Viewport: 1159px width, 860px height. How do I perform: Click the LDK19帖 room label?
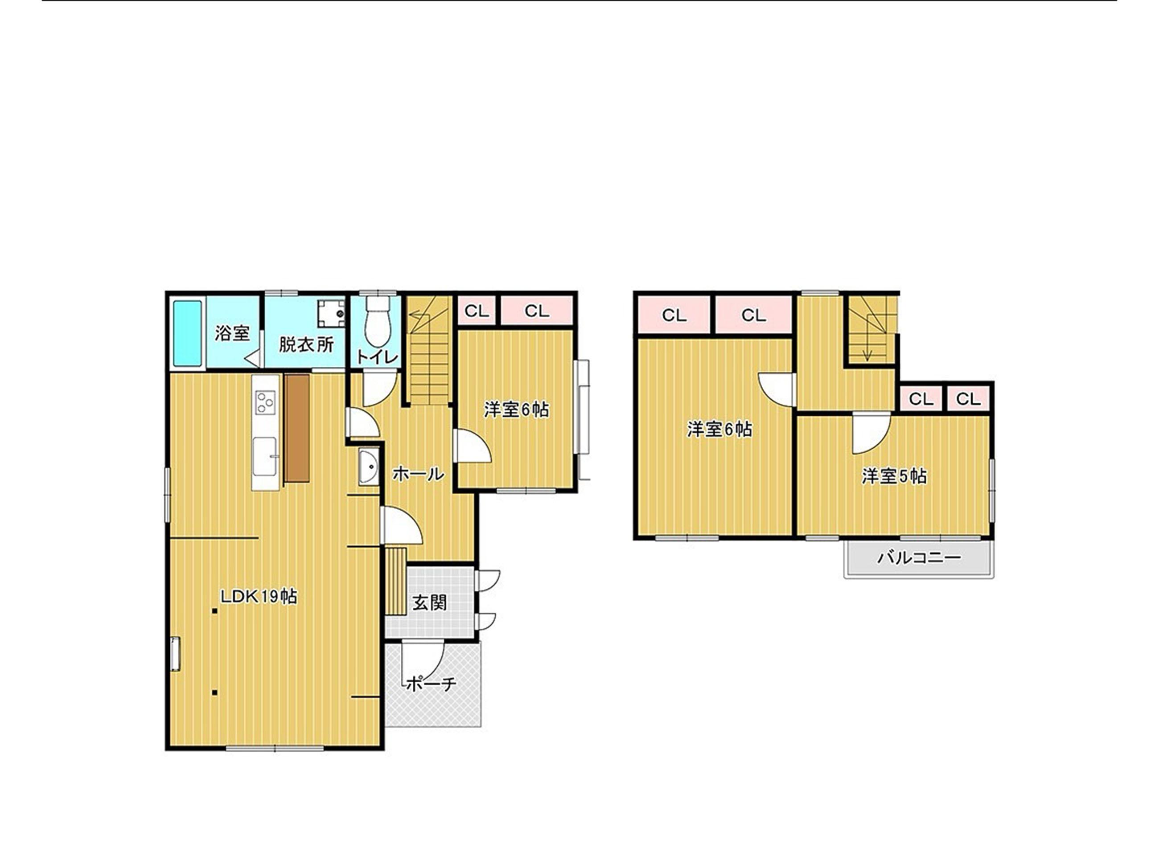(259, 596)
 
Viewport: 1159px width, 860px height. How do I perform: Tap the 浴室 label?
(232, 333)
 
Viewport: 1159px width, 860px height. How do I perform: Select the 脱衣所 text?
(306, 344)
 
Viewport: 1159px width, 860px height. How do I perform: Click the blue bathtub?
(187, 333)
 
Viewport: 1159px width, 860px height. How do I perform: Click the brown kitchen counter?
(297, 427)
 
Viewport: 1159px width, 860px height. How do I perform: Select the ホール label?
(418, 474)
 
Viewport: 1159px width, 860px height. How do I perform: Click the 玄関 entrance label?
(430, 603)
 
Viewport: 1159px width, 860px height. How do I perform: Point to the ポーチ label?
(431, 683)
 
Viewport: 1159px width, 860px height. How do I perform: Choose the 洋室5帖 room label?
(894, 476)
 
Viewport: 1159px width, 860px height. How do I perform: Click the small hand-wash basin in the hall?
(369, 467)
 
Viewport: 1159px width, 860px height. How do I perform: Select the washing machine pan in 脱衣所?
(332, 312)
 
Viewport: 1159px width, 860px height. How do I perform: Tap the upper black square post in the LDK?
(214, 610)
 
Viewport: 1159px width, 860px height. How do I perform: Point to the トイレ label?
(378, 357)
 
